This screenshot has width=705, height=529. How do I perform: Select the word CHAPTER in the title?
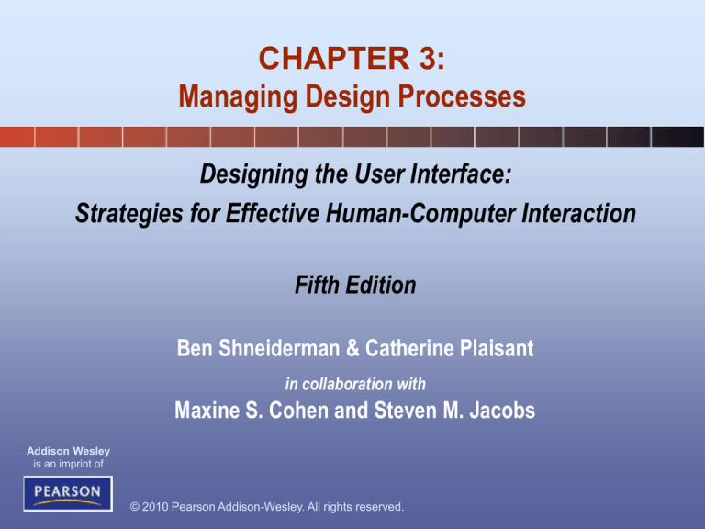point(334,59)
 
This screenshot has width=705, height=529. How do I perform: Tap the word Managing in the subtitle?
point(239,97)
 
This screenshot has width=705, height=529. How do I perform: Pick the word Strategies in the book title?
point(129,213)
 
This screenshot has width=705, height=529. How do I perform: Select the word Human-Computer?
point(420,213)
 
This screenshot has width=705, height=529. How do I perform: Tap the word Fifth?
point(317,285)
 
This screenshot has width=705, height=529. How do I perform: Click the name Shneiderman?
point(279,348)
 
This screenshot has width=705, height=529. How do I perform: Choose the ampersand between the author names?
point(352,349)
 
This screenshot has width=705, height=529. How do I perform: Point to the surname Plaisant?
point(497,348)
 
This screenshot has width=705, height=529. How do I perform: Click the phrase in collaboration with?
point(355,384)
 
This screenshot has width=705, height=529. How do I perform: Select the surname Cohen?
point(298,411)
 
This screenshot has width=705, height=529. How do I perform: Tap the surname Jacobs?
point(502,411)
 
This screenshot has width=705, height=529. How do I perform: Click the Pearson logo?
point(68,493)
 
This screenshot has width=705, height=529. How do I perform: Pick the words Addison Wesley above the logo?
point(68,451)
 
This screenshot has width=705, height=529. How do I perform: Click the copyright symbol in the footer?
point(134,507)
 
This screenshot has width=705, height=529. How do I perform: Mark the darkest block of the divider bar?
point(677,137)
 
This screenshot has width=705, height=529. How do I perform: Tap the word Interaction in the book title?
point(578,213)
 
